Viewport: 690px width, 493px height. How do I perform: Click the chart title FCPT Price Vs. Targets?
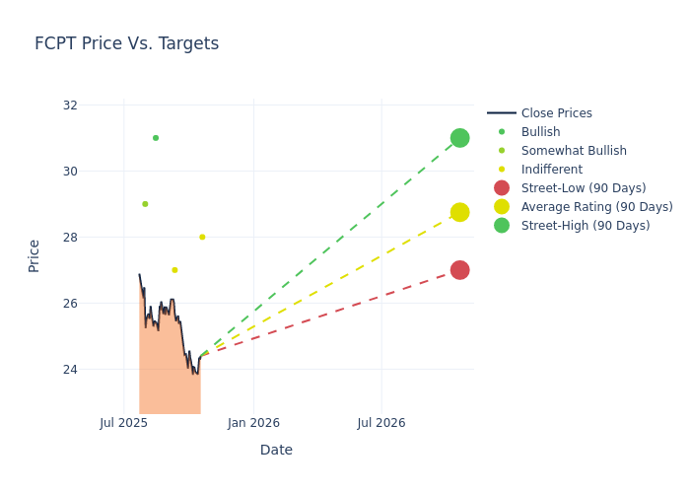tap(126, 44)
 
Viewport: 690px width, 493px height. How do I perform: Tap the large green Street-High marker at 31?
tap(459, 138)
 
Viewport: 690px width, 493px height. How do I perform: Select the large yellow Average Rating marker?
tap(459, 212)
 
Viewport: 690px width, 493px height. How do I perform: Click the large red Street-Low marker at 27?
tap(459, 270)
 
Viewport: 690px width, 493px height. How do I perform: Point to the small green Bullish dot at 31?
tap(156, 138)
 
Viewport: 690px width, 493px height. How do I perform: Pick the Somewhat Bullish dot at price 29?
tap(145, 204)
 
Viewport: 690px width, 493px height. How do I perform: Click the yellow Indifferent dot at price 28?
tap(202, 237)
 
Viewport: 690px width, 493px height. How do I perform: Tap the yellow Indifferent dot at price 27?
tap(174, 270)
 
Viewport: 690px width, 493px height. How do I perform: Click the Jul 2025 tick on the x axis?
tap(124, 423)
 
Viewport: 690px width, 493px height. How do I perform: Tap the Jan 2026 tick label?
tap(253, 423)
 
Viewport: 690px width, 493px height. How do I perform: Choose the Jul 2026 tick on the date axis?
tap(381, 423)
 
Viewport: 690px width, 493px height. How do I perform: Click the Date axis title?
tap(276, 451)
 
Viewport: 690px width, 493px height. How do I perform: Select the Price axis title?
tap(34, 255)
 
